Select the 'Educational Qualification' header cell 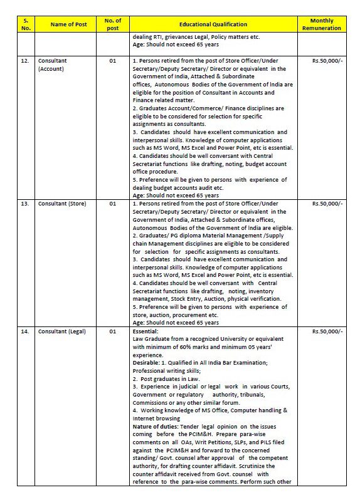click(x=213, y=24)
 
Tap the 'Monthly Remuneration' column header click(x=322, y=24)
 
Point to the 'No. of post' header click(x=113, y=24)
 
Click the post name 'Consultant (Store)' click(x=62, y=204)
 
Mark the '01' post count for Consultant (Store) click(x=113, y=204)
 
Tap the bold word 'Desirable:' click(x=147, y=363)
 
